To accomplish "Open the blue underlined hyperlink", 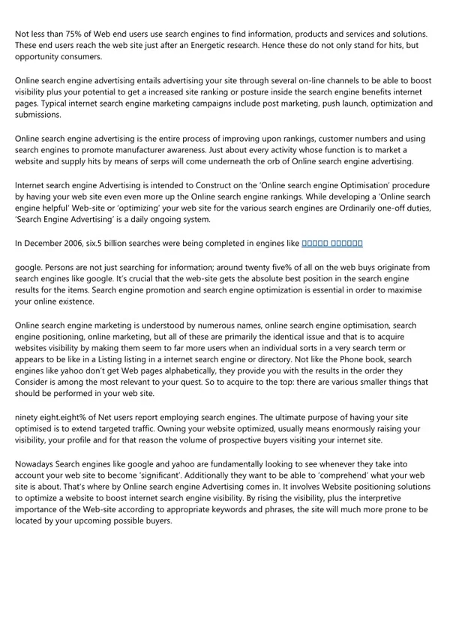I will click(x=332, y=244).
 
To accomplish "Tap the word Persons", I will click(x=66, y=266).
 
